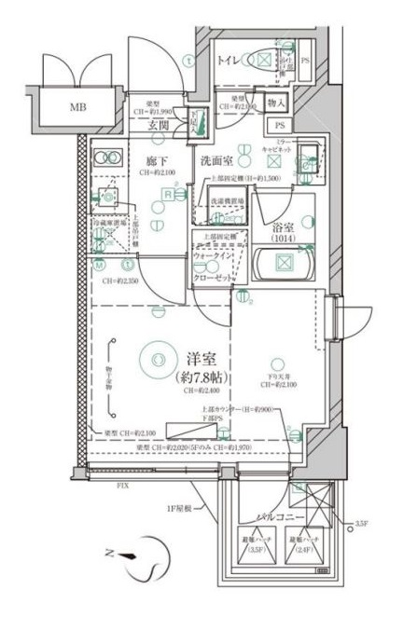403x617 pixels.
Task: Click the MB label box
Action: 72,106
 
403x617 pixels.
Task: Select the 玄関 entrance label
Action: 159,125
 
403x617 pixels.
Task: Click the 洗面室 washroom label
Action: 215,160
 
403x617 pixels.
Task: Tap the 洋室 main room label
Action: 195,358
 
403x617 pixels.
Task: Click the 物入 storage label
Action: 276,102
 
